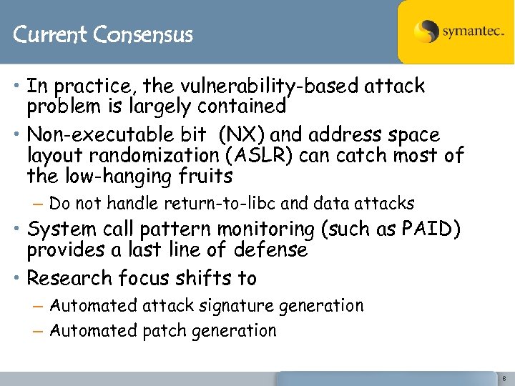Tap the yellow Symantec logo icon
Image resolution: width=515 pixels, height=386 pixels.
[x=426, y=32]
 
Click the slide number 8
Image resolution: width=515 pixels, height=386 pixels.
[x=504, y=378]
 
